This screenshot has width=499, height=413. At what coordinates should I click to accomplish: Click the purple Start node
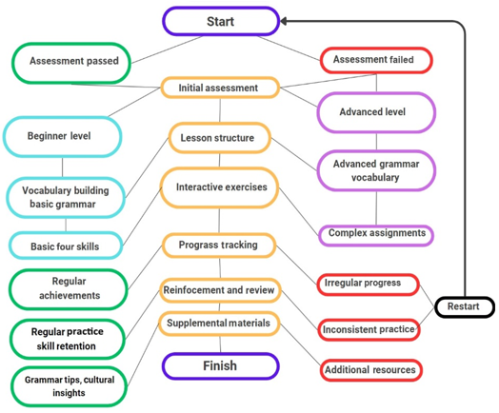click(221, 21)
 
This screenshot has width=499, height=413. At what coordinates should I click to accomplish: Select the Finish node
click(221, 366)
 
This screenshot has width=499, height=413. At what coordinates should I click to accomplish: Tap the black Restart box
click(464, 306)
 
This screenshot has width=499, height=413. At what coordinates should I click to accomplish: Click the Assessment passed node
click(71, 63)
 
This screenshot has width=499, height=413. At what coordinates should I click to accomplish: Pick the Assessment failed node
click(376, 60)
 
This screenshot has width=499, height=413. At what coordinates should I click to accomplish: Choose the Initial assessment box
click(220, 88)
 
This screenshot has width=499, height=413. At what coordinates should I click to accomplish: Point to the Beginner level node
click(63, 137)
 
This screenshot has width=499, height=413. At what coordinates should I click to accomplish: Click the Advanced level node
click(376, 112)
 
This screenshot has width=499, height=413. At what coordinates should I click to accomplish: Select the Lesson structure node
click(220, 138)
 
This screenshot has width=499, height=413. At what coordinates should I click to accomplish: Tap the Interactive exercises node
click(220, 187)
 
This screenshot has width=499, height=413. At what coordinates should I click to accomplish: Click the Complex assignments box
click(376, 235)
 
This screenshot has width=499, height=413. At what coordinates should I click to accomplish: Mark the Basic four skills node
click(66, 246)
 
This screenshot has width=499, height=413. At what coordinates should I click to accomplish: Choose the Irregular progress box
click(368, 285)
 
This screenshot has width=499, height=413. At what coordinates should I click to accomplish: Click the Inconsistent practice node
click(369, 329)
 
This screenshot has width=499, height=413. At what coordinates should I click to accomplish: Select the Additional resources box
click(371, 370)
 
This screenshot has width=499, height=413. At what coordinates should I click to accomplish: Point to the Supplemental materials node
click(219, 324)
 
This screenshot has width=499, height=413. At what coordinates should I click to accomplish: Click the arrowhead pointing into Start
click(284, 21)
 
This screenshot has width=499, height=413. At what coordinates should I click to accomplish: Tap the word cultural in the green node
click(99, 380)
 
